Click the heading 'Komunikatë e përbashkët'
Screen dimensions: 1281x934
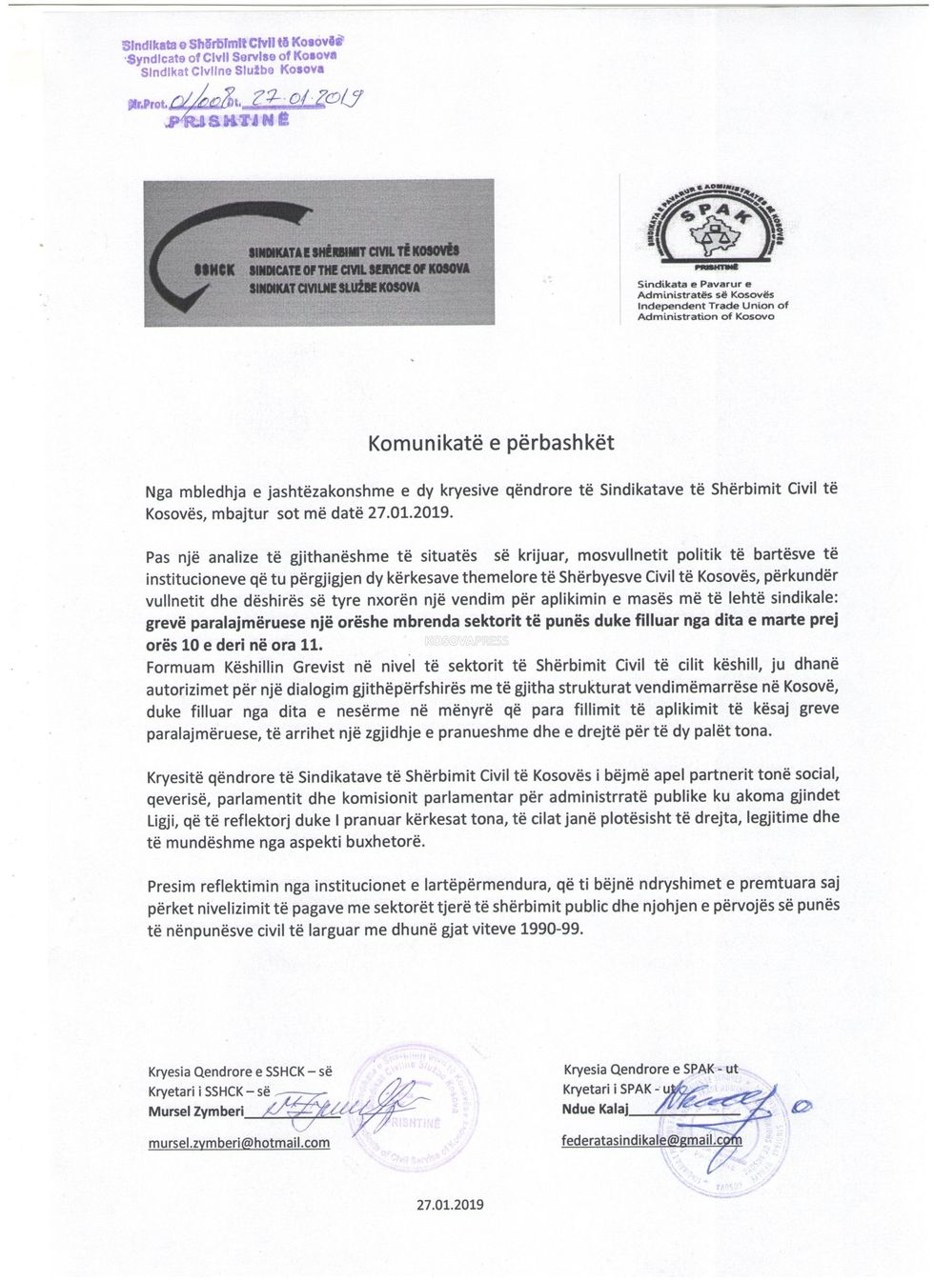491,443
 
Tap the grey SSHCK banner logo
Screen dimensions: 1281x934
319,252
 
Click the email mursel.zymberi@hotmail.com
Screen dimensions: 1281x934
238,1143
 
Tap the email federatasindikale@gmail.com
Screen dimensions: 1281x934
651,1140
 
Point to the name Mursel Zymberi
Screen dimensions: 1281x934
195,1111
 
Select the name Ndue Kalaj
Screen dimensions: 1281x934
591,1110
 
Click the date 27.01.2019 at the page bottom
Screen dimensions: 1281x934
450,1205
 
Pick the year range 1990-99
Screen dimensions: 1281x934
551,929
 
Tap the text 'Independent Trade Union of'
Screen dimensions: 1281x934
713,306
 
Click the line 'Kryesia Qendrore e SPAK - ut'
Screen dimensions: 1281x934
650,1070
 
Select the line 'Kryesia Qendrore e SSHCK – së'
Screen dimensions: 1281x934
239,1071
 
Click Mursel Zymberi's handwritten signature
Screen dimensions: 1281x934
334,1107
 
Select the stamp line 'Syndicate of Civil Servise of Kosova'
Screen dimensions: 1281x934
232,57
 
